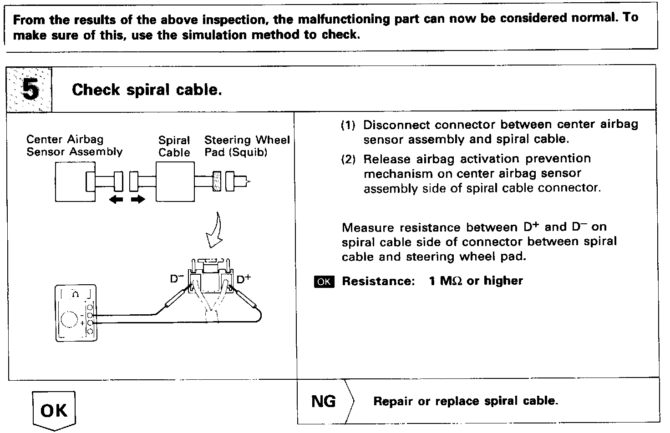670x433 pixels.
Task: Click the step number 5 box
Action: [x=30, y=89]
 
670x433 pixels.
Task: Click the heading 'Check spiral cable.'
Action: [x=147, y=90]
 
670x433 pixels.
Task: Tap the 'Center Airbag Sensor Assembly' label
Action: [x=74, y=146]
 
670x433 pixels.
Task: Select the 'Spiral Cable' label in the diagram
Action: [x=174, y=146]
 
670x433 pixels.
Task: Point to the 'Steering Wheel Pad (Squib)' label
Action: [x=247, y=146]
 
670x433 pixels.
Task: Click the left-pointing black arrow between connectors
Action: [x=117, y=199]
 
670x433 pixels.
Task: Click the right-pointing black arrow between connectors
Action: [x=137, y=199]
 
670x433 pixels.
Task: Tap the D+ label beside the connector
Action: [x=243, y=279]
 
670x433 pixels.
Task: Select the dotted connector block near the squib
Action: [x=217, y=181]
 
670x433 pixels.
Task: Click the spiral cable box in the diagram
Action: [x=176, y=182]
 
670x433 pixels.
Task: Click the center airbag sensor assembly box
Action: [x=75, y=182]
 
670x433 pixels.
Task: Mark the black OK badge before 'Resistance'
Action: [x=324, y=282]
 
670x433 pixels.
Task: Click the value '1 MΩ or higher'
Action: [x=476, y=281]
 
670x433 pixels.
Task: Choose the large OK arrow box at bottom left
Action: [x=54, y=411]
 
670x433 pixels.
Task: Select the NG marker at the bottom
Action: [x=324, y=401]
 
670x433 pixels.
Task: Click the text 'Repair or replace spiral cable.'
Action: [x=465, y=401]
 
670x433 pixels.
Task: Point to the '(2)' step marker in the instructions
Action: [x=349, y=159]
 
